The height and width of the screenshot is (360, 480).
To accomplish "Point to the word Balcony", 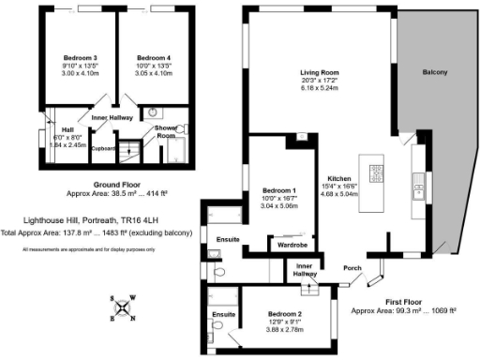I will coord(435,72).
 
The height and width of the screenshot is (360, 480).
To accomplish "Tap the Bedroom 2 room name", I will coord(285,313).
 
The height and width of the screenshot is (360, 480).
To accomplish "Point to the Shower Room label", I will coord(166,132).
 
